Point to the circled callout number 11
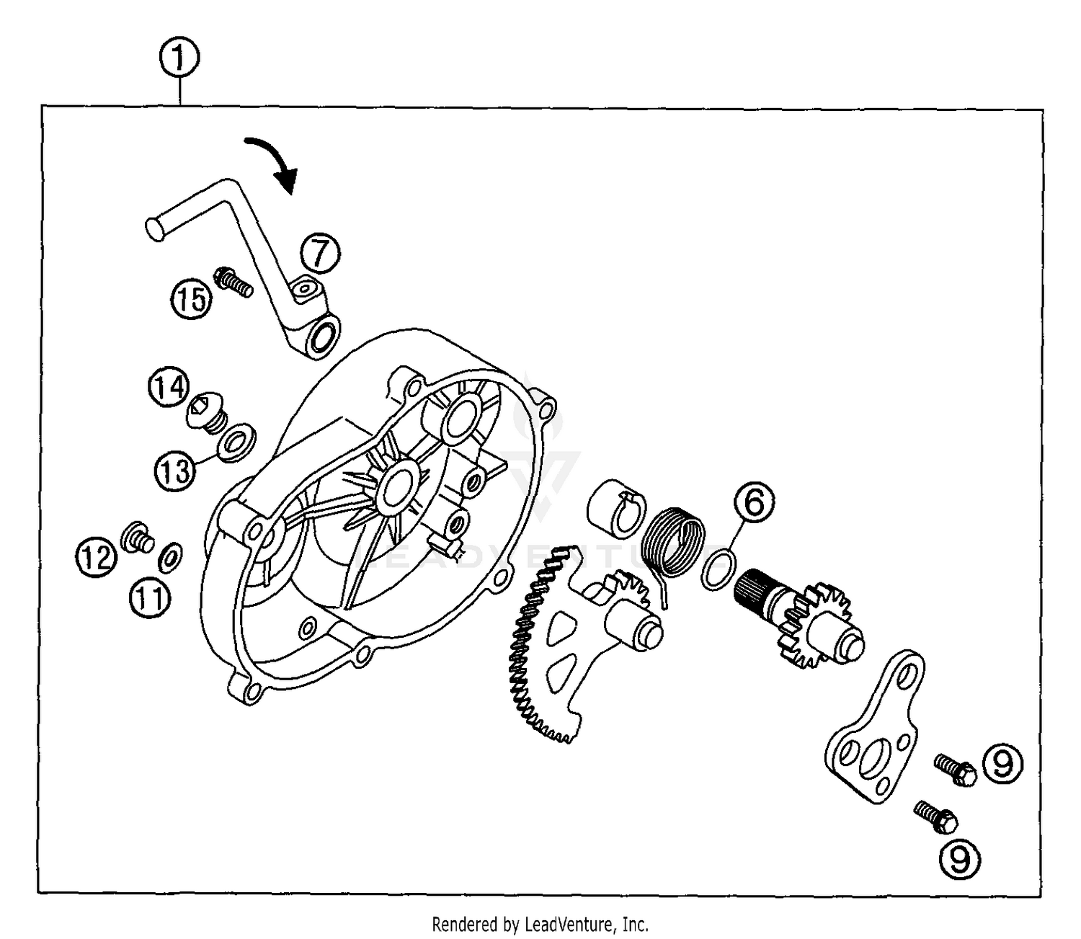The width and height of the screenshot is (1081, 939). click(150, 597)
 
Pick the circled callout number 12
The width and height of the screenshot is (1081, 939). click(97, 557)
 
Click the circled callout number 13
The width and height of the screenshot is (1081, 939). click(174, 471)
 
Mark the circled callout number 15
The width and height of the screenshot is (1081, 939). click(192, 298)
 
